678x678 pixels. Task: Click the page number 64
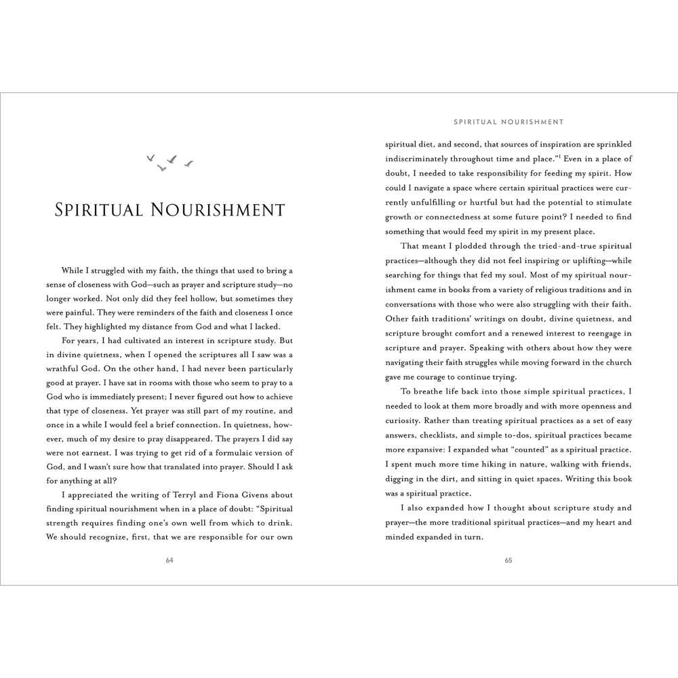[x=169, y=560]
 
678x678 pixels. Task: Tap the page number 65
[x=509, y=560]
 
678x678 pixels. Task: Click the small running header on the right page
[x=509, y=123]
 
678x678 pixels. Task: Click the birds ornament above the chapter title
[x=169, y=162]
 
